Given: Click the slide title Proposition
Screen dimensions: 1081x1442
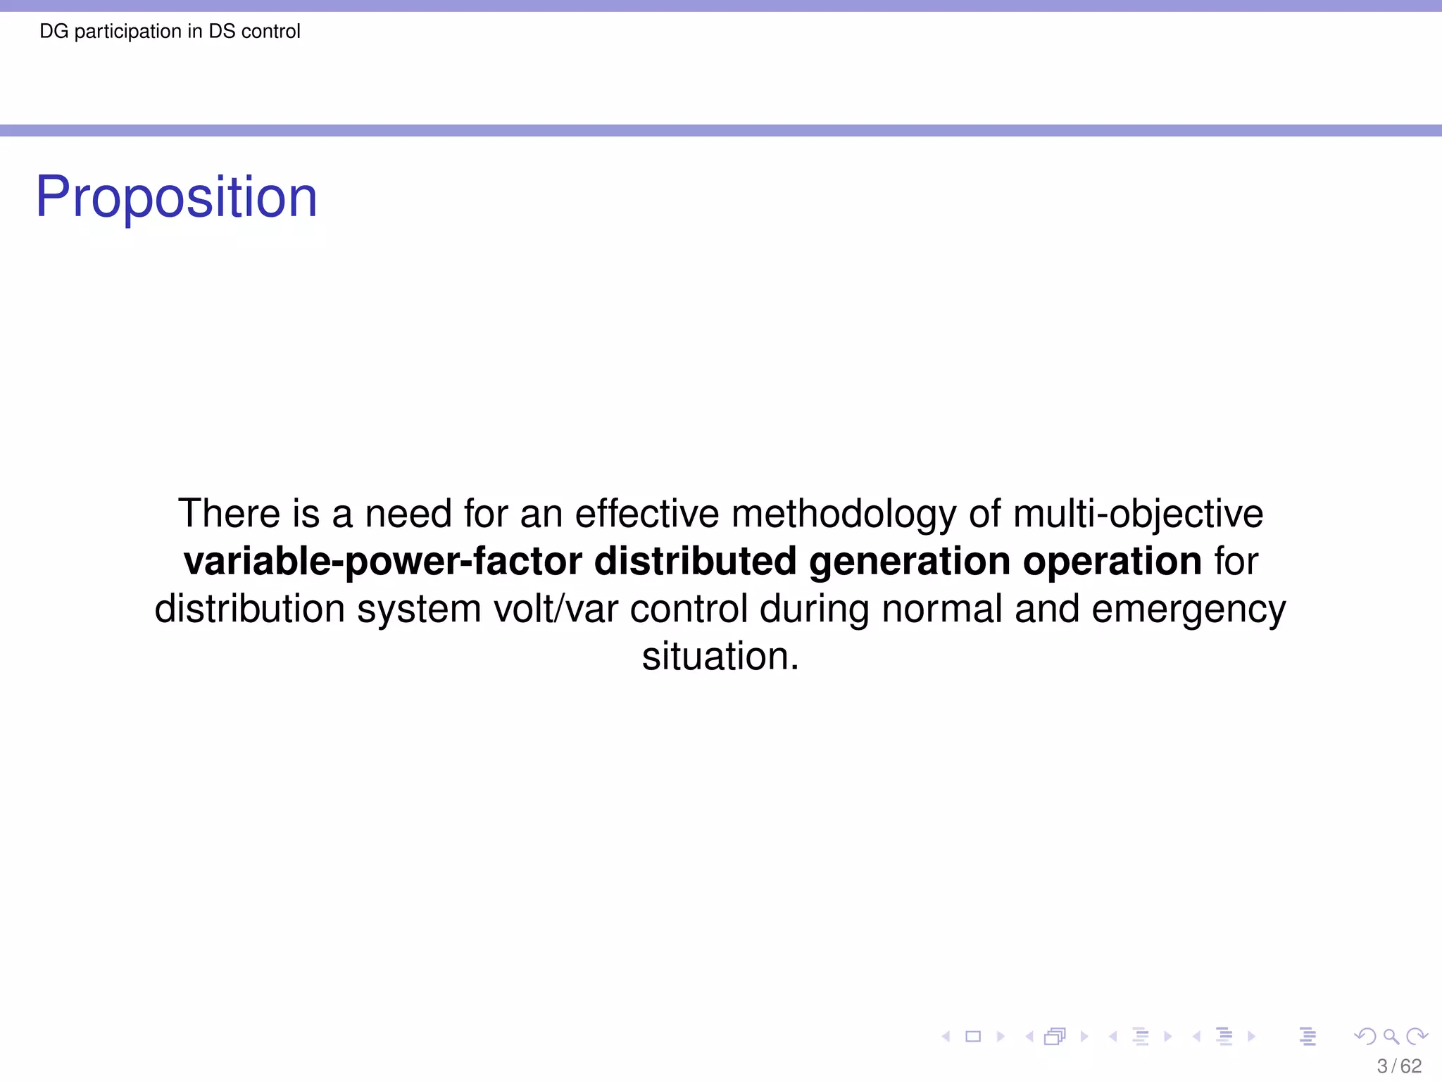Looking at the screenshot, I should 177,197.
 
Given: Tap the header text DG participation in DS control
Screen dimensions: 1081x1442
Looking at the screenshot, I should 170,32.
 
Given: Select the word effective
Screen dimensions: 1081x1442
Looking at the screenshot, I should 647,513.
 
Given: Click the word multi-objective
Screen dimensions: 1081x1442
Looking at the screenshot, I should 1138,514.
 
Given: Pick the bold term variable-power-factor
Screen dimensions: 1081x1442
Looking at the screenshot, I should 383,562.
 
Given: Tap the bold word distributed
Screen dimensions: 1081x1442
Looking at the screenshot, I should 696,561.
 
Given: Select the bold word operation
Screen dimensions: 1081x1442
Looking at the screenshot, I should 1112,562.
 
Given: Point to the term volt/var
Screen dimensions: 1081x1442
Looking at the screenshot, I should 556,609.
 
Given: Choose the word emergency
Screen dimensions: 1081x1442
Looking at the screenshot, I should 1189,610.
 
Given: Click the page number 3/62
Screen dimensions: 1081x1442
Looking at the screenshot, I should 1399,1066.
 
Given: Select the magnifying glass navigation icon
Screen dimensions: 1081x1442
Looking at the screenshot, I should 1391,1036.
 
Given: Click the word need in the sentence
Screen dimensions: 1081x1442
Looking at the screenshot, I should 408,513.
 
